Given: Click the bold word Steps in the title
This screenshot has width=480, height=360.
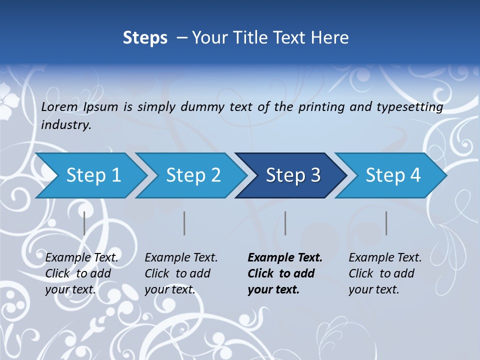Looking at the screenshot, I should pos(145,37).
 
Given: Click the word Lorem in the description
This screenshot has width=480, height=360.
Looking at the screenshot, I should pos(59,106).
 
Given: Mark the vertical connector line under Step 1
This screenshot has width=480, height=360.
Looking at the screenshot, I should pos(84,223).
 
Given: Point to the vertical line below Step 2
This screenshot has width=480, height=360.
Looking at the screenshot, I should pos(184,223).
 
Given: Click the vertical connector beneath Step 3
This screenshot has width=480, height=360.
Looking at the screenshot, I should pos(285,223).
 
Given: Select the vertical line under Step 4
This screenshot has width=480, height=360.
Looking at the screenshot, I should pos(386,223).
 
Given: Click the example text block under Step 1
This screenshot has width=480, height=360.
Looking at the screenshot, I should pos(81,273).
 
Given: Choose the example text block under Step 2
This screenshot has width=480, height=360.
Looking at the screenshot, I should pos(181,273).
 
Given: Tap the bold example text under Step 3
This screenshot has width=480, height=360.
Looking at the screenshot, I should pos(285,273).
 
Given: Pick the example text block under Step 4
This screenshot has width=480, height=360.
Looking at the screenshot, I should pos(385,273).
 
